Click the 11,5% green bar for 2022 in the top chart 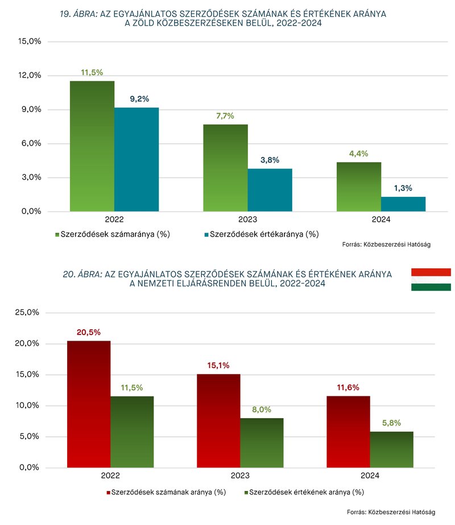click(92, 146)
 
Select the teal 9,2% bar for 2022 click(136, 159)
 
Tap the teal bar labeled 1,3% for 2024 click(403, 204)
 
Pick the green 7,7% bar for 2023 click(226, 168)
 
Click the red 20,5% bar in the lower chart click(89, 404)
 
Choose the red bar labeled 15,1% click(218, 421)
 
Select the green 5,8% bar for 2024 click(392, 449)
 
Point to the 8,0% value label click(262, 408)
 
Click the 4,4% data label click(359, 153)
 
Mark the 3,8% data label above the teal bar click(270, 160)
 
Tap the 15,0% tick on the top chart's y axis click(30, 42)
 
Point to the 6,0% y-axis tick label click(30, 143)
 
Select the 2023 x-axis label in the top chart click(248, 219)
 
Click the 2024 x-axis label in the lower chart click(370, 476)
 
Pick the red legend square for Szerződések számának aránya click(107, 491)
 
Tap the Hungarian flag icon click(431, 279)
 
